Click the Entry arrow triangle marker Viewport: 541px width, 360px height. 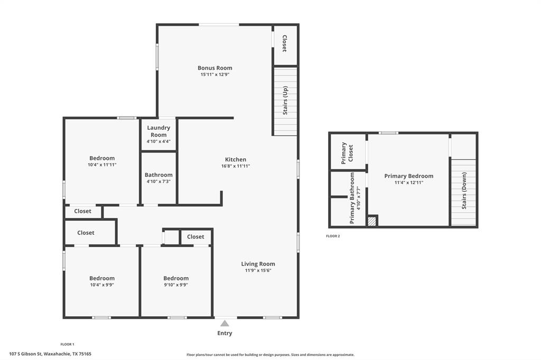click(x=225, y=323)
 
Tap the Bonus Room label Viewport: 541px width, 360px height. click(x=214, y=68)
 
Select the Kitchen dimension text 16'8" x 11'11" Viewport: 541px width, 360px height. click(x=236, y=166)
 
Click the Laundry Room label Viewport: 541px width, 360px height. click(x=158, y=131)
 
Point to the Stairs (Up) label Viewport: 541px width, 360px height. click(x=285, y=100)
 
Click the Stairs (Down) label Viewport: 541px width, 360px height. click(x=464, y=191)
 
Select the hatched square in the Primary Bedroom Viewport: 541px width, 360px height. click(x=372, y=221)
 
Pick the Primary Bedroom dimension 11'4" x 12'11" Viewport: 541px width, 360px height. click(x=408, y=183)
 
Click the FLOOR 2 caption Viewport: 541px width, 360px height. click(x=333, y=236)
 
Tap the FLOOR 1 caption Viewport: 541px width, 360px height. click(x=67, y=344)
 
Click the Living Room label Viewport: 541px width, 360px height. click(x=258, y=264)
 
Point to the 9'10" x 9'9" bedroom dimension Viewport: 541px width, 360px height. click(x=176, y=285)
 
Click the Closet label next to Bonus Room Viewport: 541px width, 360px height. click(x=285, y=44)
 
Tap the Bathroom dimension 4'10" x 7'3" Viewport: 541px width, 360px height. click(x=158, y=182)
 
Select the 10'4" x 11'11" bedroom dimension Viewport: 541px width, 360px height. click(x=102, y=165)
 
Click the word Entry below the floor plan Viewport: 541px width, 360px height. click(x=225, y=333)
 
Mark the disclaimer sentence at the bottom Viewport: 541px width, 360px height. click(x=270, y=355)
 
